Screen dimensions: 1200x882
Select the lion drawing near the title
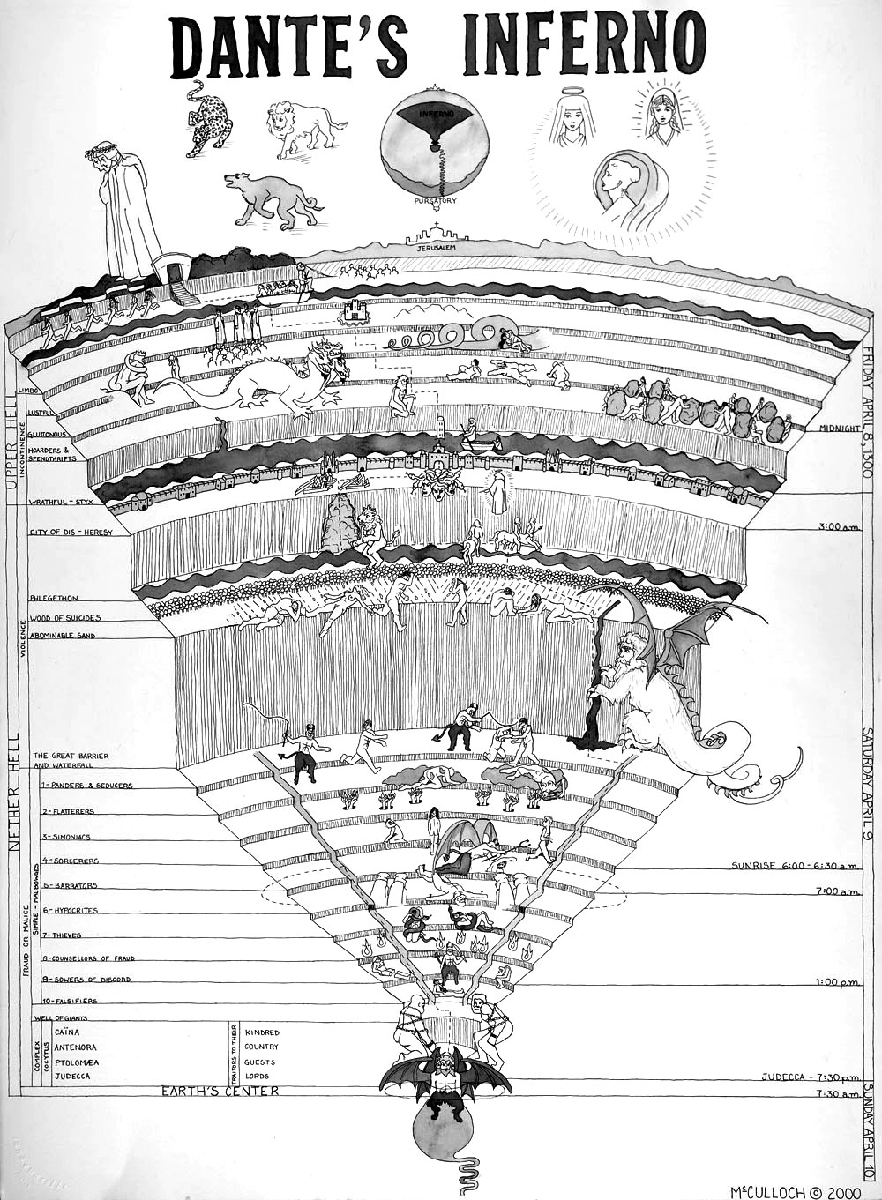[x=304, y=128]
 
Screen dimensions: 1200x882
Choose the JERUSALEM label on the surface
[x=438, y=250]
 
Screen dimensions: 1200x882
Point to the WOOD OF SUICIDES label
[x=64, y=618]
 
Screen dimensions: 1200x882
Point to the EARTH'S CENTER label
[x=220, y=1092]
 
